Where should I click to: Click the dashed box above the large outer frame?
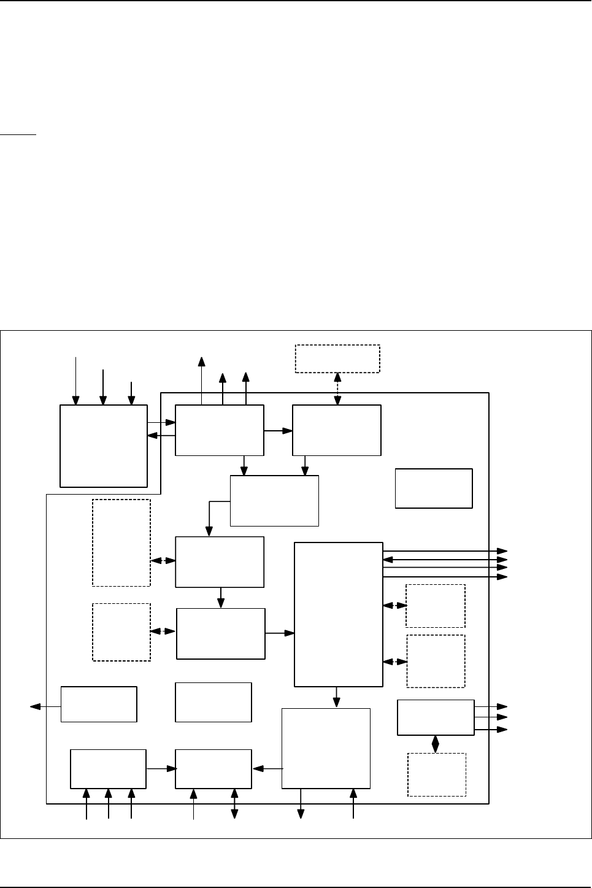tap(337, 358)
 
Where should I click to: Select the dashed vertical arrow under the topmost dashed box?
tap(337, 388)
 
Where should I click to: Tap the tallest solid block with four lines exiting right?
tap(339, 614)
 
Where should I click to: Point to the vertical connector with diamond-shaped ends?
tap(436, 744)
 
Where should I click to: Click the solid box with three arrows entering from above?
tap(104, 446)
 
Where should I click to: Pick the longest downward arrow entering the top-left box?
tap(76, 380)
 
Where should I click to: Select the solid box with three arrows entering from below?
tap(109, 768)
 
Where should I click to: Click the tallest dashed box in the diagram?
tap(121, 542)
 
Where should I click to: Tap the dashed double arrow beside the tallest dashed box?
tap(163, 561)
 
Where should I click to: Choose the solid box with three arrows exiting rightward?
tap(436, 717)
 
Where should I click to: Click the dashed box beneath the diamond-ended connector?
tap(437, 774)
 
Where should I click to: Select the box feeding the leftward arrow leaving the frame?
tap(99, 704)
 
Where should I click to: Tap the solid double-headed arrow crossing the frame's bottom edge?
tap(234, 803)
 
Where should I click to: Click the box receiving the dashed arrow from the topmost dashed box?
tap(337, 430)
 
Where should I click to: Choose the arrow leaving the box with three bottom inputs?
tap(161, 768)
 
